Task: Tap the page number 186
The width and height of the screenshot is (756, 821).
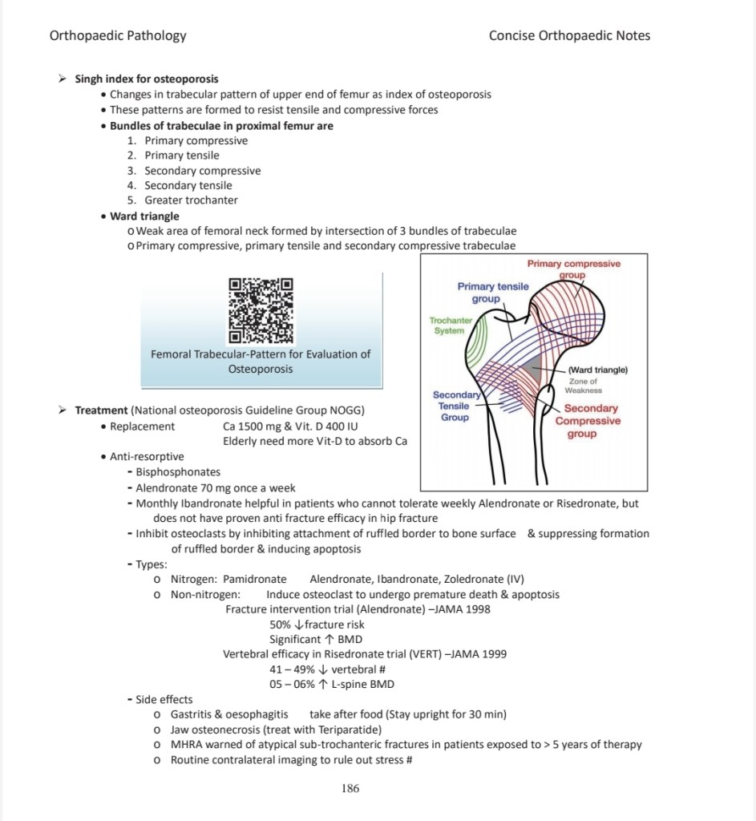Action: (350, 788)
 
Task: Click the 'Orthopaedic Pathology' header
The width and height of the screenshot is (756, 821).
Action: (118, 35)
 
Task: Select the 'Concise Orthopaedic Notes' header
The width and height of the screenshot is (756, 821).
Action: (569, 35)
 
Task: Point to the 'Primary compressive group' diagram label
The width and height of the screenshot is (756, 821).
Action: (573, 269)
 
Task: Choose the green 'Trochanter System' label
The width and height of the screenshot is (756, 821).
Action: (450, 325)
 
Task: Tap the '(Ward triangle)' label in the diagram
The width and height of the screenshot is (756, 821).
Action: (597, 370)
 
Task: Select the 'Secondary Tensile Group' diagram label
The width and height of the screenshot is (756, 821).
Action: (455, 406)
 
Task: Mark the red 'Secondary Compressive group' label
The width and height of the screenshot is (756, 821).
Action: (588, 421)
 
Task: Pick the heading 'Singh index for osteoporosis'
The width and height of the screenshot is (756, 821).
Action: (147, 79)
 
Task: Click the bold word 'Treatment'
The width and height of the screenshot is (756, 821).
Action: (102, 410)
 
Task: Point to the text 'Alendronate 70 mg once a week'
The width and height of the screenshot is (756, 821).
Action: (215, 488)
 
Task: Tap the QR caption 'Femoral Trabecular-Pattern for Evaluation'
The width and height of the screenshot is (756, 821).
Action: (261, 354)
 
